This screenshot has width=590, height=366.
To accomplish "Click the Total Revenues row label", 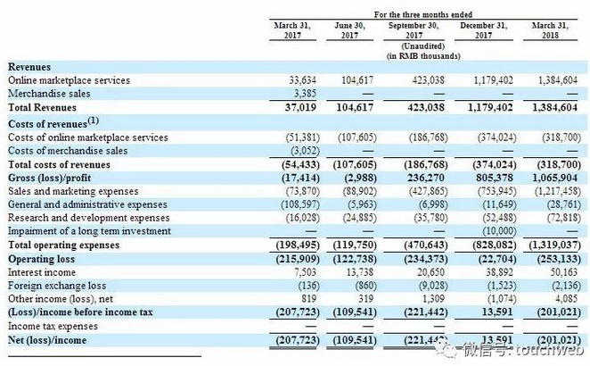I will coord(43,106).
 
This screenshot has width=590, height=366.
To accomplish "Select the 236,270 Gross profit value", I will coord(422,178).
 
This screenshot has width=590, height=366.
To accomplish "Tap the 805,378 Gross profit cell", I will coord(490,178).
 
